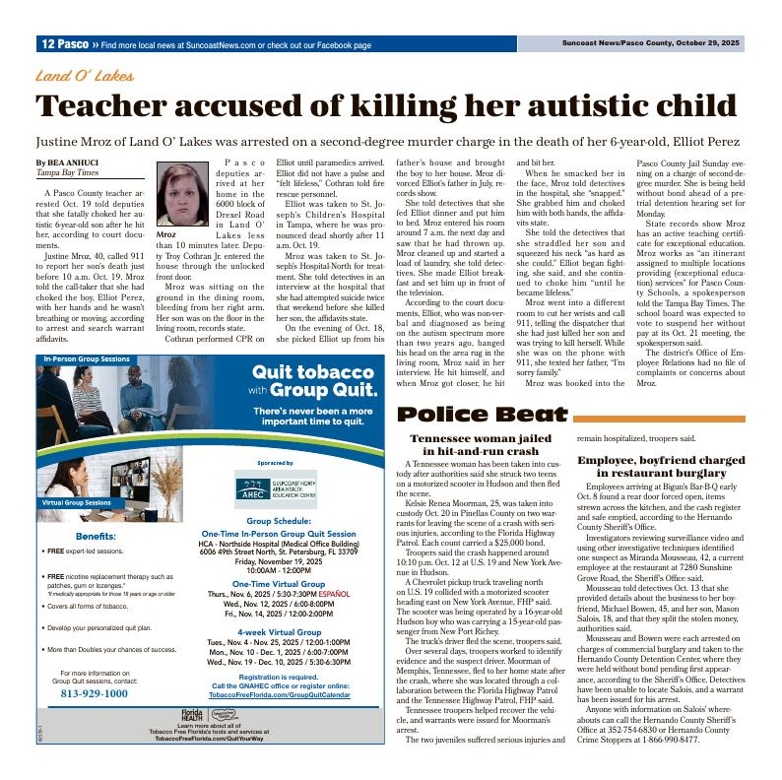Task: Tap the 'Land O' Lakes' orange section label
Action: (85, 76)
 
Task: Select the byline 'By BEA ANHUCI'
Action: (67, 162)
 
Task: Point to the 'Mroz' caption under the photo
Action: (166, 235)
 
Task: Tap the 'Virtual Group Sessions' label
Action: (77, 502)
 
